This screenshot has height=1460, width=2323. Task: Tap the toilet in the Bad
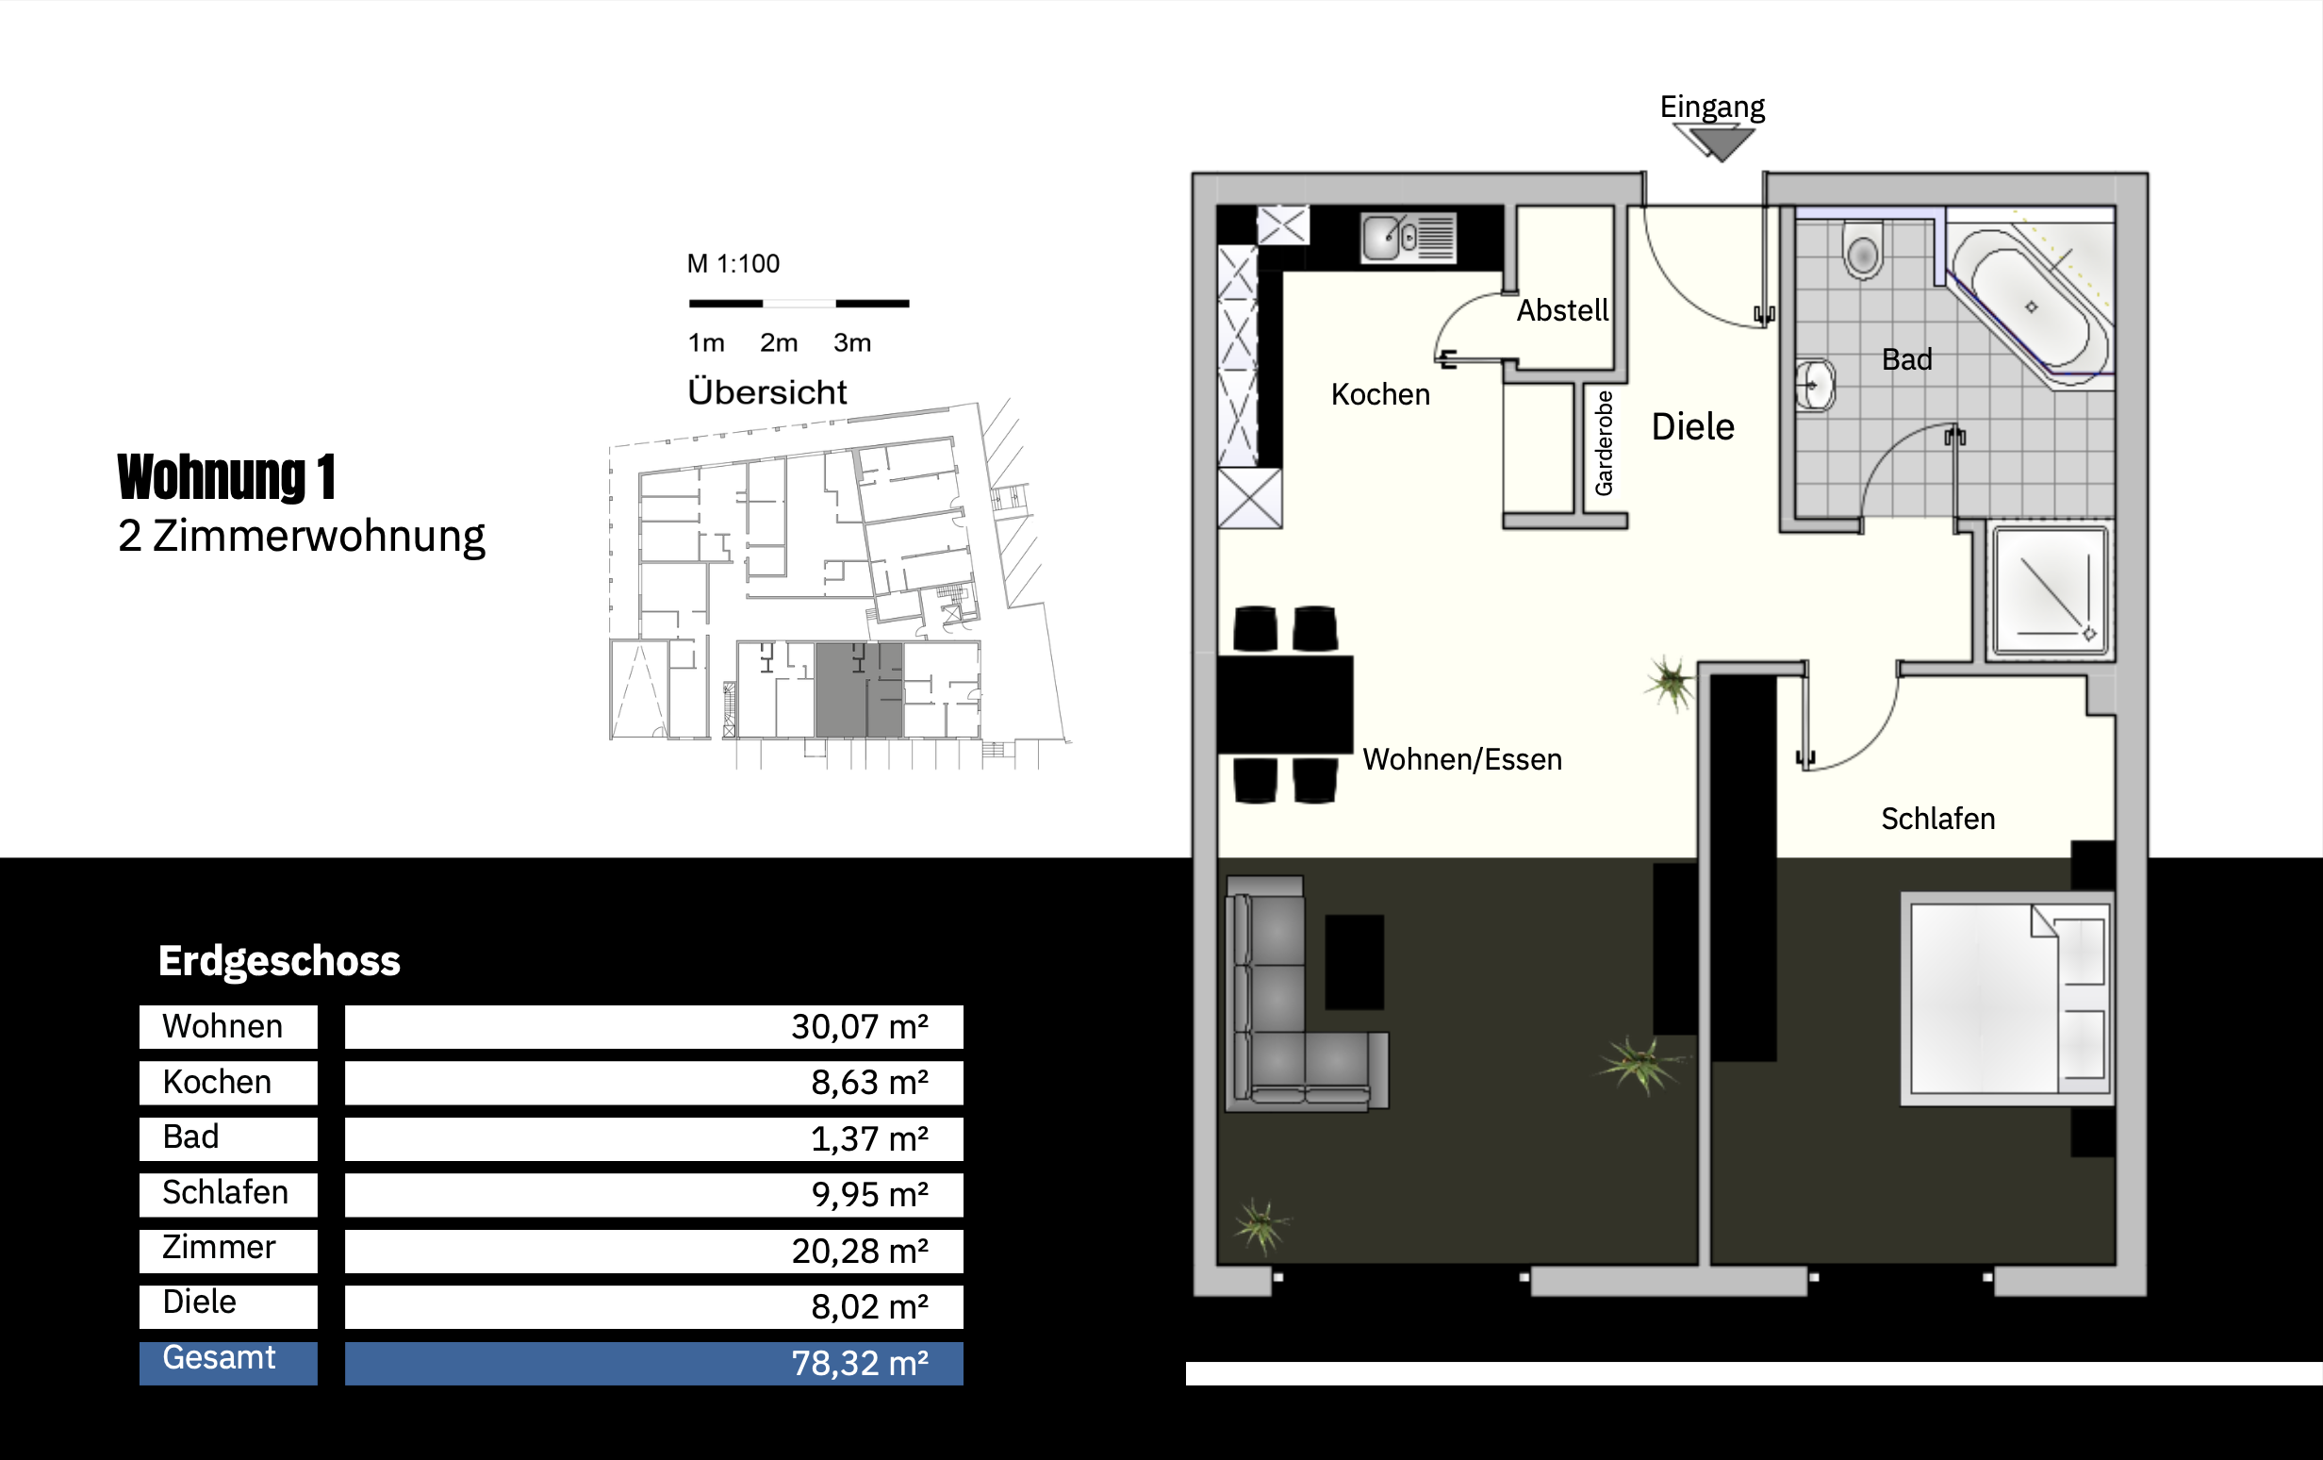pyautogui.click(x=1863, y=250)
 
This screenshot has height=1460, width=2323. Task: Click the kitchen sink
pyautogui.click(x=1408, y=238)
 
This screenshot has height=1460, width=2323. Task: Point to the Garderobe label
pyautogui.click(x=1604, y=443)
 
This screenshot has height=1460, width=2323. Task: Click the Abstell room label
pyautogui.click(x=1562, y=309)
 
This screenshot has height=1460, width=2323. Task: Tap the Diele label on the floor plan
pyautogui.click(x=1692, y=426)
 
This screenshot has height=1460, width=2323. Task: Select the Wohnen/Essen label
pyautogui.click(x=1461, y=759)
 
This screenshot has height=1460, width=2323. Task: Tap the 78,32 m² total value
pyautogui.click(x=860, y=1363)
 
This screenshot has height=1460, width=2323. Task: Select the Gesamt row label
pyautogui.click(x=219, y=1358)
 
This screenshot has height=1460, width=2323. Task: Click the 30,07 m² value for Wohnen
pyautogui.click(x=860, y=1027)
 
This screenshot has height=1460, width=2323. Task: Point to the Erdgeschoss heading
pyautogui.click(x=279, y=961)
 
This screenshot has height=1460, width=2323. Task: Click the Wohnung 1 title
pyautogui.click(x=226, y=476)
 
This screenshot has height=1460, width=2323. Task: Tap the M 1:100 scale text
pyautogui.click(x=733, y=263)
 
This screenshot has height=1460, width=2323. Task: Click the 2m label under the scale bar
pyautogui.click(x=779, y=342)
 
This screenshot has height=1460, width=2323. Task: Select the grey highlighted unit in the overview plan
pyautogui.click(x=859, y=689)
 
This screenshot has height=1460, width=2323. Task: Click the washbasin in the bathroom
pyautogui.click(x=1815, y=386)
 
